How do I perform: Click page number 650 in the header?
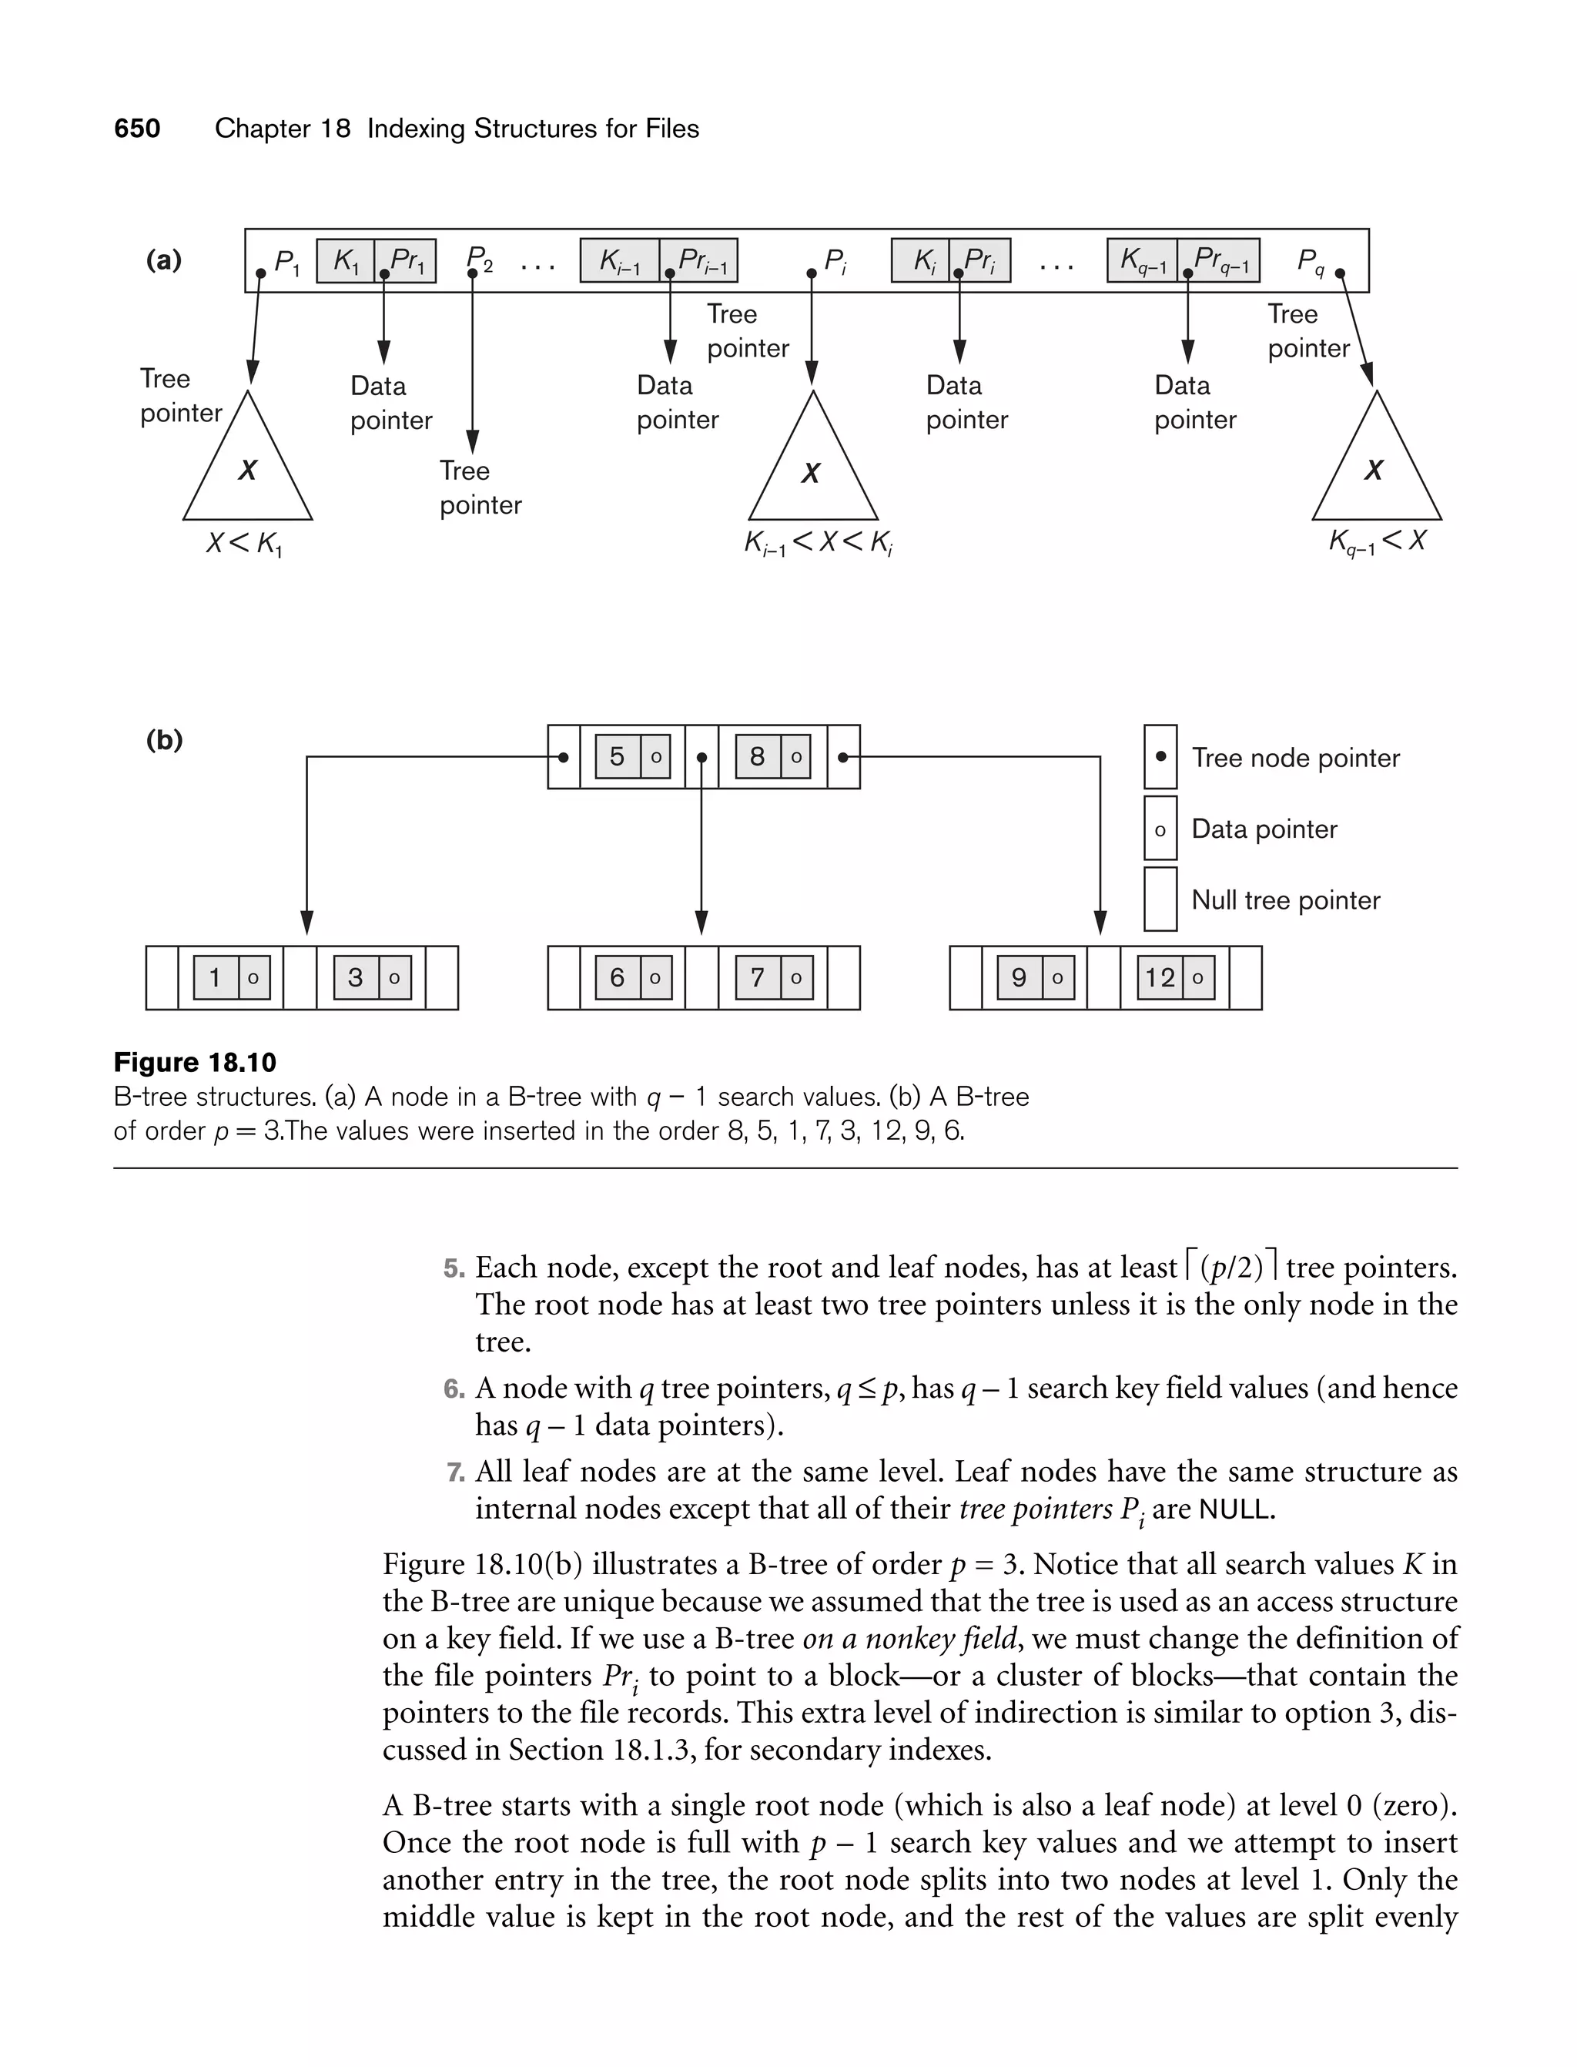coord(137,129)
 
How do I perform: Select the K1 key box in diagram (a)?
coord(346,261)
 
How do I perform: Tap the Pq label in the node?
coord(1311,261)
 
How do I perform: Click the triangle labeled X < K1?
coord(248,469)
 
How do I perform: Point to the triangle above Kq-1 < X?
coord(1376,469)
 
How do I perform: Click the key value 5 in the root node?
coord(617,756)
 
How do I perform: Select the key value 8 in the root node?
coord(757,756)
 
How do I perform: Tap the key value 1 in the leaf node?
coord(215,978)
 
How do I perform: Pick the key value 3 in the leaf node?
coord(356,978)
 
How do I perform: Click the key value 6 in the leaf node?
coord(617,978)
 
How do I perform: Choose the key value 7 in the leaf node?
coord(757,978)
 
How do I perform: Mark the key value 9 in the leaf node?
coord(1019,978)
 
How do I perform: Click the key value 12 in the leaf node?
coord(1160,978)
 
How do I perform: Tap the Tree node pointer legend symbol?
coord(1160,756)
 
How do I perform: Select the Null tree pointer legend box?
coord(1160,899)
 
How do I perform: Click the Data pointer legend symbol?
coord(1160,829)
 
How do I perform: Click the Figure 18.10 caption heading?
coord(196,1063)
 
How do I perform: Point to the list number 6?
coord(454,1389)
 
